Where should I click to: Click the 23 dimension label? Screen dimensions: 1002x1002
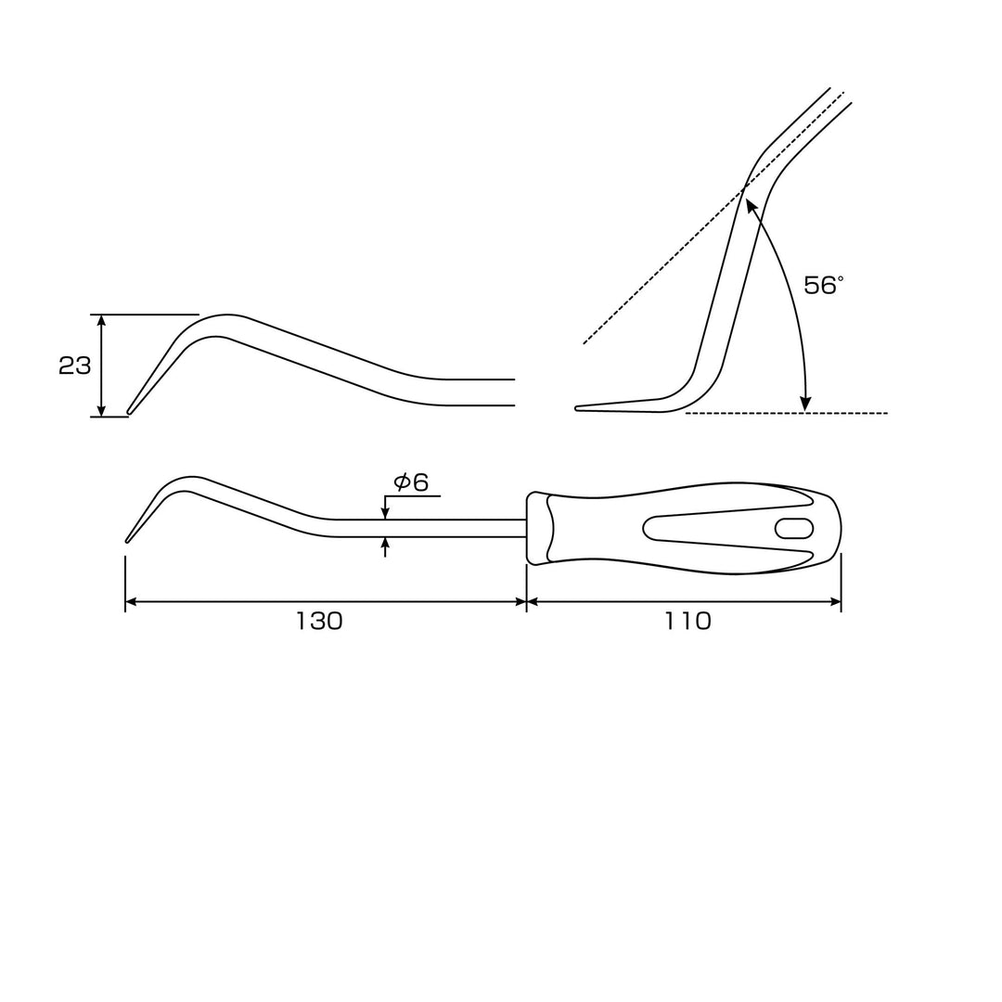pos(75,366)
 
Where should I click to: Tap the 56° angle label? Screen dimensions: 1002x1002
pos(824,285)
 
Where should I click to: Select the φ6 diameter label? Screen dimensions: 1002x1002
pos(411,482)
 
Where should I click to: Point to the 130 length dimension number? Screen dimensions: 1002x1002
pos(319,621)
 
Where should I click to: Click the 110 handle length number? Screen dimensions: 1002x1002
pos(687,621)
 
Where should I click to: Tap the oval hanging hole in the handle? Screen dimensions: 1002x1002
pos(793,529)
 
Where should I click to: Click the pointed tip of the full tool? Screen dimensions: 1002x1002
pos(127,541)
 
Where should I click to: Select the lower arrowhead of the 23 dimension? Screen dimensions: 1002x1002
pos(100,410)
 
